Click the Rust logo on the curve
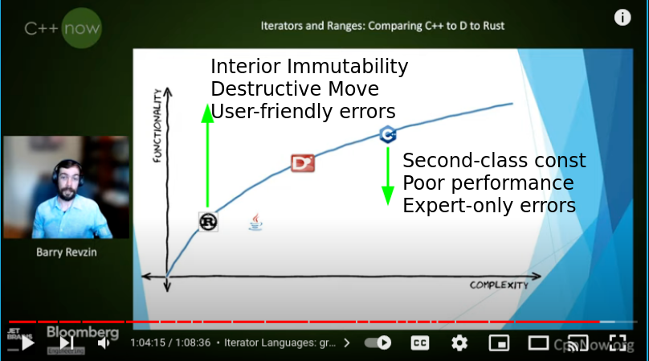(x=209, y=221)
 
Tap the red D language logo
(x=302, y=163)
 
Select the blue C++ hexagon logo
(x=387, y=134)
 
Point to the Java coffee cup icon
(x=255, y=222)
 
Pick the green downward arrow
(x=388, y=175)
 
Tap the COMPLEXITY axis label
(x=499, y=285)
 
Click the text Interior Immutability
(x=309, y=67)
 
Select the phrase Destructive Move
(x=294, y=88)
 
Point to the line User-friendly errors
(x=303, y=111)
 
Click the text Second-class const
(x=494, y=160)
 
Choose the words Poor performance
(x=488, y=183)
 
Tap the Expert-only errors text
(x=489, y=206)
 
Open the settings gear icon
(x=459, y=343)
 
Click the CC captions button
(x=420, y=343)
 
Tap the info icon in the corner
(x=622, y=17)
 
